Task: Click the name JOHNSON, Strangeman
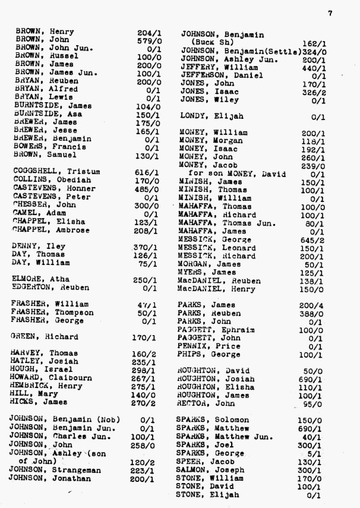coord(55,469)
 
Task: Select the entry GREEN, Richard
coord(44,337)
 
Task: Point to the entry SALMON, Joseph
coord(210,469)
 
